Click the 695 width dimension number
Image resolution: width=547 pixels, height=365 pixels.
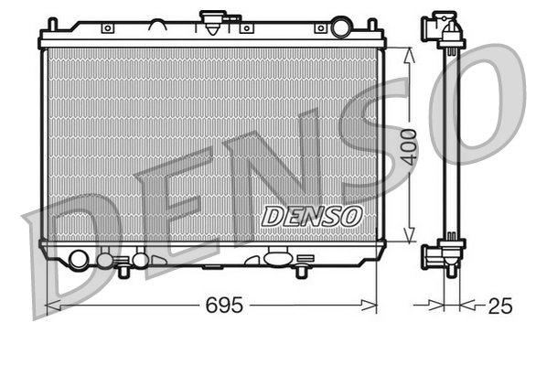222,306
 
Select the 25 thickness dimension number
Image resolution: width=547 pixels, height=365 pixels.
499,306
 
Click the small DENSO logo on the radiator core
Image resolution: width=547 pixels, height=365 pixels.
312,216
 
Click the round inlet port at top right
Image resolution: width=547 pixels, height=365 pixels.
341,26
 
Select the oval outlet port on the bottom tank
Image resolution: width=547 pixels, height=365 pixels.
275,259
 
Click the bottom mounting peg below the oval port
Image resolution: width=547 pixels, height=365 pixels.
301,271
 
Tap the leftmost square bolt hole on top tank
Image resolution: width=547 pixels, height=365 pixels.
107,28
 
